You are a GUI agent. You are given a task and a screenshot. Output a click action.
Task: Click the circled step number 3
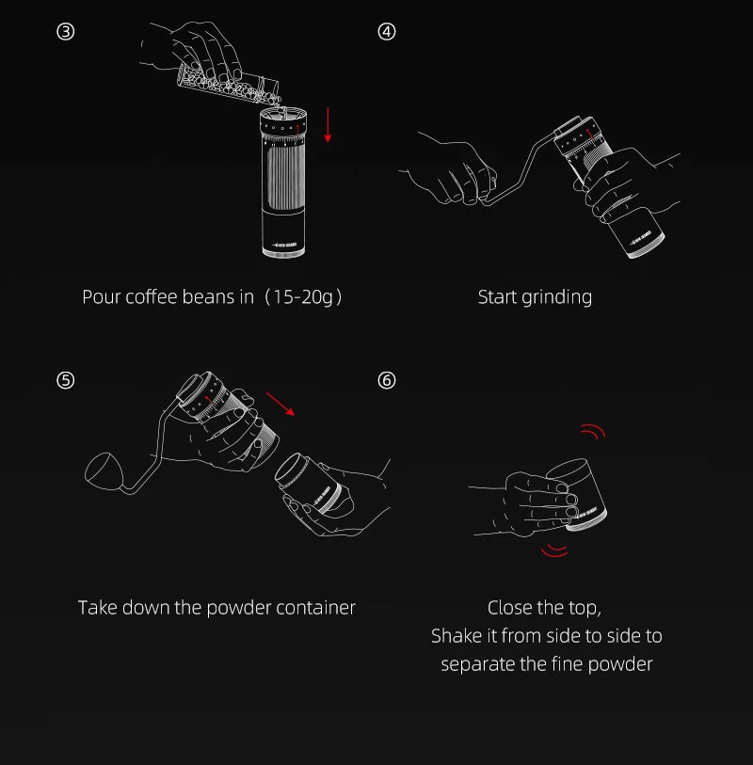(65, 32)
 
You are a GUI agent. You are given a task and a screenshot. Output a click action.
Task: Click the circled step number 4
(387, 32)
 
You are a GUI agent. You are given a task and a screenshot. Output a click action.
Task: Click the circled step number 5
(65, 380)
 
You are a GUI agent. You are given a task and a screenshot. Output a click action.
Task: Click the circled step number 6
(387, 380)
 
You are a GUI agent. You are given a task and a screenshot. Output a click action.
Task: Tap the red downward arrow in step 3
(328, 125)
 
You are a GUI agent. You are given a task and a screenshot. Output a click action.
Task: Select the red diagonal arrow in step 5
(280, 404)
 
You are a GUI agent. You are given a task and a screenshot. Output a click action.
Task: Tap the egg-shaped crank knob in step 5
(102, 470)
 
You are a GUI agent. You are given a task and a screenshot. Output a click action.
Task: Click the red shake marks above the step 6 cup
(593, 431)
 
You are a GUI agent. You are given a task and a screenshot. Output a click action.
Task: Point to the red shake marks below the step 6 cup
(554, 550)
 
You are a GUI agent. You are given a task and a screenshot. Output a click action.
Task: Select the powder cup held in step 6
(578, 494)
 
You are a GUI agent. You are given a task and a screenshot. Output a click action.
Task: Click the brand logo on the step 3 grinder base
(284, 245)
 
